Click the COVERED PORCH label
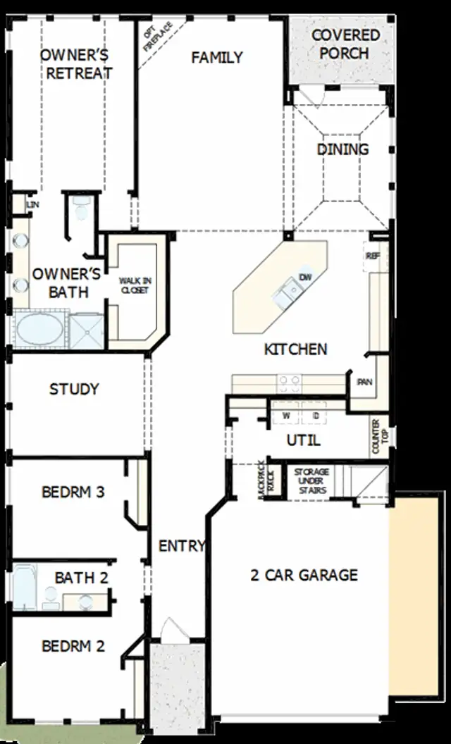(x=345, y=44)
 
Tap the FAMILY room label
(x=217, y=58)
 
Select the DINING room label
(x=342, y=149)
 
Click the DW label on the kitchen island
(x=305, y=277)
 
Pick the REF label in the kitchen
(x=372, y=256)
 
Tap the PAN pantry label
(x=364, y=382)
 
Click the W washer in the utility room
(x=286, y=416)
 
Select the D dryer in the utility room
(x=316, y=416)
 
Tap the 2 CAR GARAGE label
(x=304, y=575)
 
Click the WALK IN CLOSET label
(x=134, y=285)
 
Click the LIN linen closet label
(x=32, y=204)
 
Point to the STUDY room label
(x=74, y=389)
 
